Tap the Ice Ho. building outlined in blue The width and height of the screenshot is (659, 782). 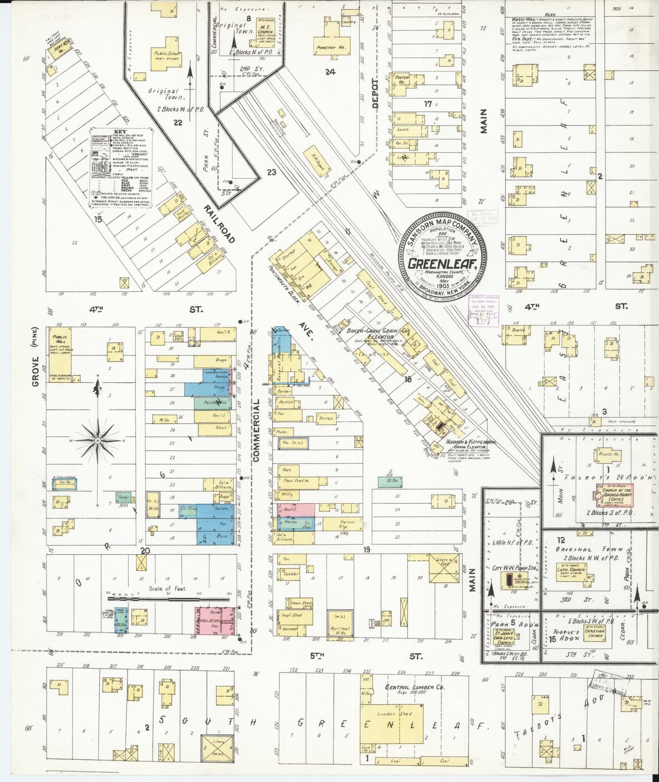(x=64, y=484)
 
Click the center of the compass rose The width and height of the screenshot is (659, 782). (x=98, y=441)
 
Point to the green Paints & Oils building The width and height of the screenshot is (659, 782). (x=213, y=403)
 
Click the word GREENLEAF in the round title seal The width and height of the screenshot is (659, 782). (x=442, y=264)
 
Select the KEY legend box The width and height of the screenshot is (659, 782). (x=120, y=167)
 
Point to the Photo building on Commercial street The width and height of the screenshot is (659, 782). (x=282, y=432)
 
